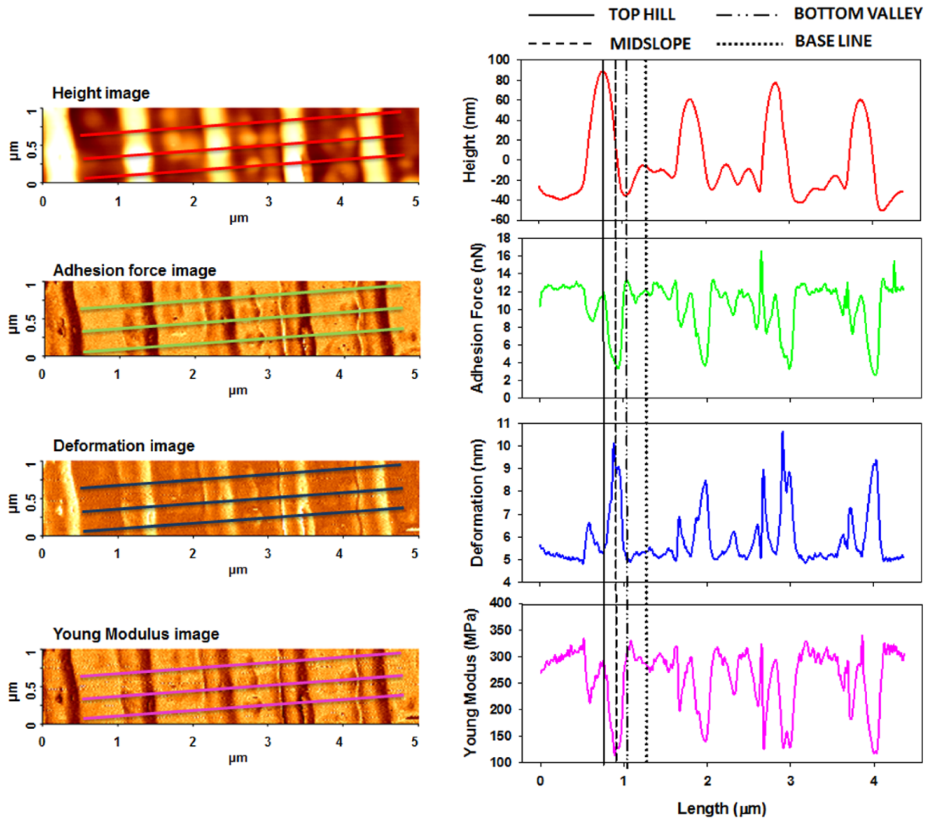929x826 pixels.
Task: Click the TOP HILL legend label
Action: (x=641, y=15)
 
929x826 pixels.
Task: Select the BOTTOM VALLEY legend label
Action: (x=857, y=14)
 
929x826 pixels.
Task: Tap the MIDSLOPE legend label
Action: (x=650, y=44)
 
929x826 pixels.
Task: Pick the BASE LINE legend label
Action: (x=833, y=41)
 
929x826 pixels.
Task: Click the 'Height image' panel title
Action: (x=100, y=93)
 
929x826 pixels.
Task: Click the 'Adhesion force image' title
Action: (x=134, y=270)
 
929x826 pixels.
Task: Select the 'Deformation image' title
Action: (x=124, y=446)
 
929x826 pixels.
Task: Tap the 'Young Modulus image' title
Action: (x=136, y=634)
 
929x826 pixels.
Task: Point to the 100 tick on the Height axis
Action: (x=498, y=60)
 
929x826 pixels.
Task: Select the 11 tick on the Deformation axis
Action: (x=504, y=424)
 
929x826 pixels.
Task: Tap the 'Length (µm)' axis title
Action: (x=721, y=808)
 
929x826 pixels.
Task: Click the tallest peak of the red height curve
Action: (x=603, y=72)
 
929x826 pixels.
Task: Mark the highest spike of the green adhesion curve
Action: (x=761, y=251)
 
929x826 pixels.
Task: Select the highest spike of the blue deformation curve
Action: (x=782, y=432)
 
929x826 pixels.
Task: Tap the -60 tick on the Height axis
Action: (x=500, y=220)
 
